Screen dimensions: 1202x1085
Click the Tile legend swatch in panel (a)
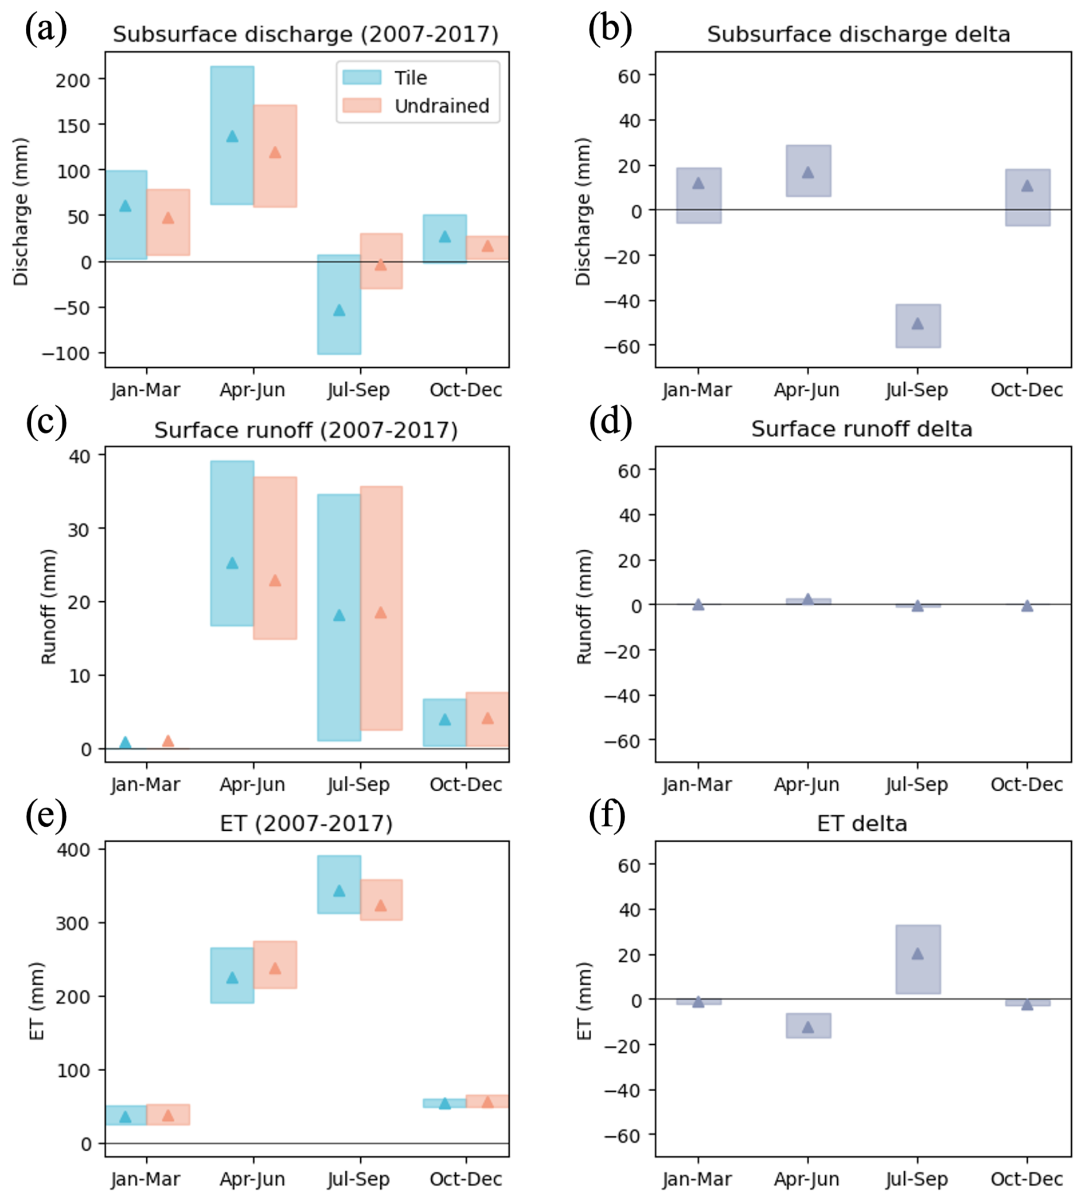coord(361,77)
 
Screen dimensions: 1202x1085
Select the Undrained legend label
coord(442,106)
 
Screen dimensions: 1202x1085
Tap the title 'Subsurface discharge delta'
coord(858,34)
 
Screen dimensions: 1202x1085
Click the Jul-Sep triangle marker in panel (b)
coord(918,324)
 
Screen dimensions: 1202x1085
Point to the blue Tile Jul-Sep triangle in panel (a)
coord(339,310)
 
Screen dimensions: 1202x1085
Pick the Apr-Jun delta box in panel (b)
coord(808,170)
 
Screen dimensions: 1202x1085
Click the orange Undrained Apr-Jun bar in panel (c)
coord(275,558)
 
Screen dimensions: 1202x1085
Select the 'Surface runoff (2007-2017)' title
coord(306,430)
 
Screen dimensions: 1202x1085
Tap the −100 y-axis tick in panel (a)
coord(65,353)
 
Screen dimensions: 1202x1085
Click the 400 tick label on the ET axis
coord(73,849)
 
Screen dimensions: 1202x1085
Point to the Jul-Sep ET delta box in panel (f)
coord(918,959)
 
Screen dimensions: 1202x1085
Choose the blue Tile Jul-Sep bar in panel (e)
coord(339,884)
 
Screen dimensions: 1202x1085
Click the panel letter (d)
coord(610,422)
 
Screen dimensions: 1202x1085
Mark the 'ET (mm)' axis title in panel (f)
coord(584,1001)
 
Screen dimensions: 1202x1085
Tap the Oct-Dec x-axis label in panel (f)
coord(1027,1178)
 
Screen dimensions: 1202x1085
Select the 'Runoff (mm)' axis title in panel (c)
coord(48,606)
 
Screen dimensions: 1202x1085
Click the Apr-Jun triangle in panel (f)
coord(808,1026)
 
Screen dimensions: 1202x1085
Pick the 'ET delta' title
coord(861,823)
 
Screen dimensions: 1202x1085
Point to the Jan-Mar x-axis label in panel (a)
coord(146,390)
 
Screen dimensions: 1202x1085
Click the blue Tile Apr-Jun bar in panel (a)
coord(232,135)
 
